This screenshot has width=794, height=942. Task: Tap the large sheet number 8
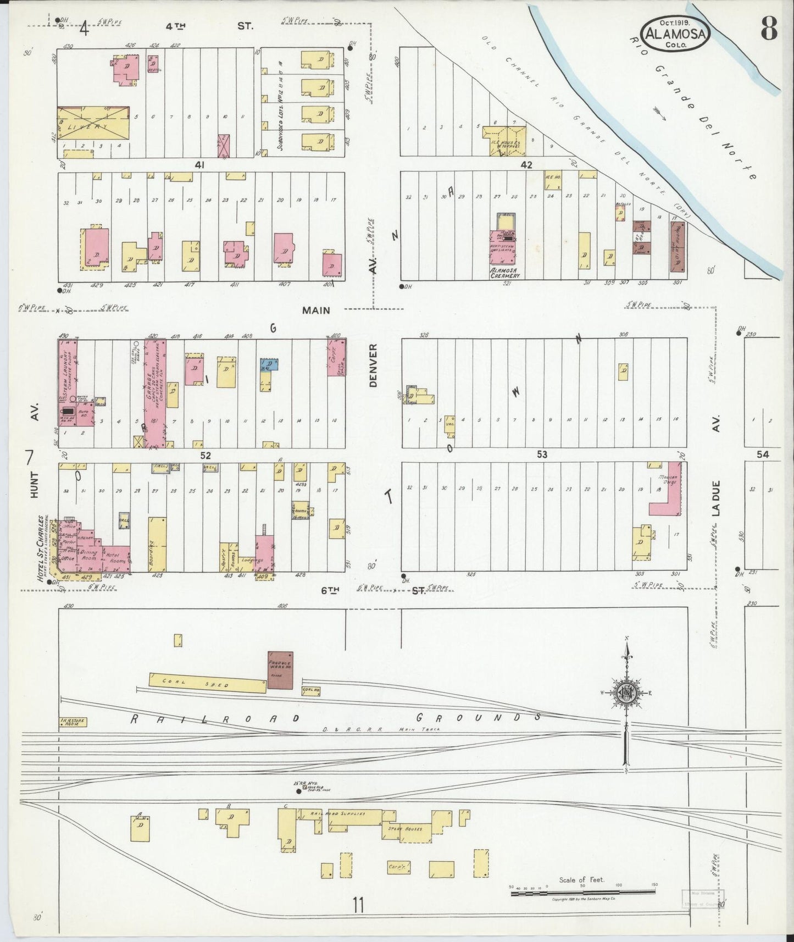click(x=768, y=30)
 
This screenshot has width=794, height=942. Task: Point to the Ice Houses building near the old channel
click(x=504, y=139)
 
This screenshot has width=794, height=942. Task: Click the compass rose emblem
click(x=626, y=692)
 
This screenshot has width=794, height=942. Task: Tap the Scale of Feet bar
click(x=582, y=894)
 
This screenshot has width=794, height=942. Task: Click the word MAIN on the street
click(x=316, y=311)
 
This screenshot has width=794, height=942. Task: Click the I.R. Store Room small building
click(x=73, y=722)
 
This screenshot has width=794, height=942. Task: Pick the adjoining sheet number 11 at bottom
click(x=359, y=904)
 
